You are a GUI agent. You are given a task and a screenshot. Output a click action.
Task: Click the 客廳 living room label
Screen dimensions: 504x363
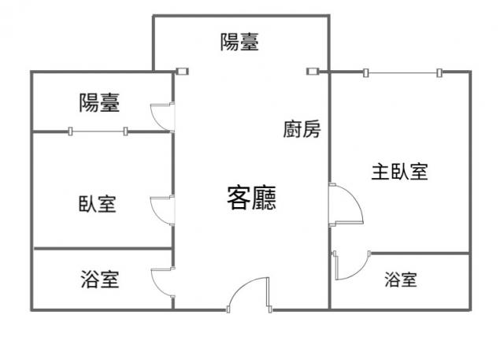(252, 198)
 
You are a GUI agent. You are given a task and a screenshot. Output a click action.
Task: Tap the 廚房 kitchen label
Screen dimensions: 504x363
(302, 129)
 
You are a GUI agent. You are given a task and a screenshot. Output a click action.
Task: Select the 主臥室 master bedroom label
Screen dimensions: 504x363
(399, 172)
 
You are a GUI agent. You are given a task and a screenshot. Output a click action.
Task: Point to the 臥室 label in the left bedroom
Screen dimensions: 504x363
(98, 204)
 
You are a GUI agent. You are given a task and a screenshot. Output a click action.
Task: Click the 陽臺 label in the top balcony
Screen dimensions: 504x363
(239, 42)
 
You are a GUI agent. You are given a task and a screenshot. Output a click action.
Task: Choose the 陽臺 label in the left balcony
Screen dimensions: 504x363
(100, 103)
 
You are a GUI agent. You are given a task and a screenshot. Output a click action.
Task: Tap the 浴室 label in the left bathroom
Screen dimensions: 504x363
(100, 279)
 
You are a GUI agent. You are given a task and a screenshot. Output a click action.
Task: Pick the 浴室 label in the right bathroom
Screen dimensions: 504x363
(401, 279)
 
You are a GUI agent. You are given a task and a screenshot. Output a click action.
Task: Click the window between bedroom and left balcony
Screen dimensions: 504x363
(98, 131)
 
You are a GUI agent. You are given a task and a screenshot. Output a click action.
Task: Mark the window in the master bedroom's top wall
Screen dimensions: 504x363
(402, 73)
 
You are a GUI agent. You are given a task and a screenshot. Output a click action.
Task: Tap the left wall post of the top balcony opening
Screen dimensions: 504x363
(183, 72)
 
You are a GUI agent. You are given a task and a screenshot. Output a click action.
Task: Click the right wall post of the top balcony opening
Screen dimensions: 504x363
(313, 72)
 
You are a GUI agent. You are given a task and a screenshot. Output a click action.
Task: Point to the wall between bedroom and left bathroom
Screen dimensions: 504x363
(103, 249)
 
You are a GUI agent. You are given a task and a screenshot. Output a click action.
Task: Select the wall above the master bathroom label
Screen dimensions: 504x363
(420, 254)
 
